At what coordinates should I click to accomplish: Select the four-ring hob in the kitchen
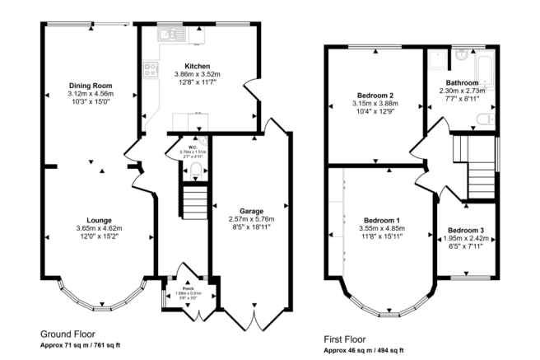151,69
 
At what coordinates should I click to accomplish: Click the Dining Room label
90,85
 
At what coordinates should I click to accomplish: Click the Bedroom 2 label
375,96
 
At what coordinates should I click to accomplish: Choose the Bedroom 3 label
466,230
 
